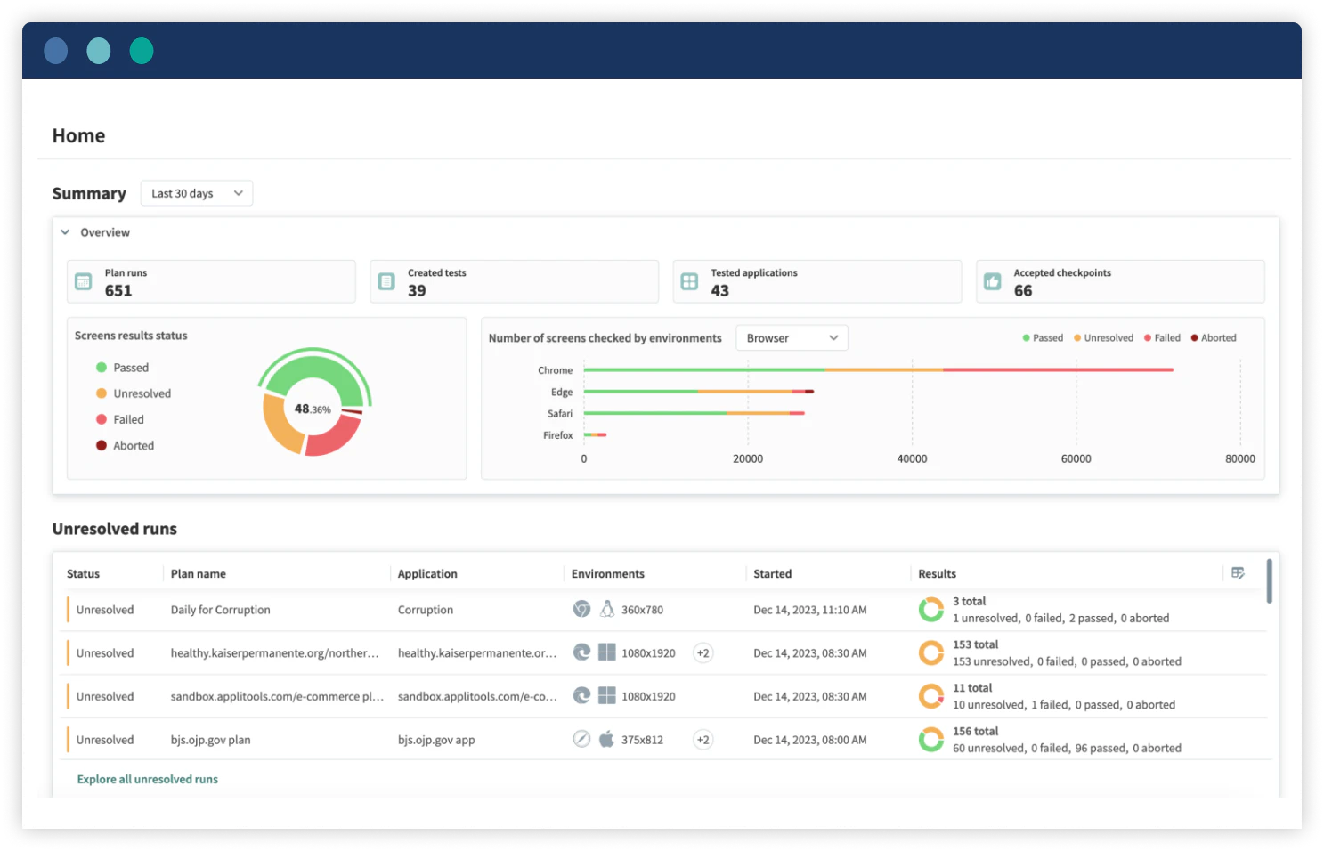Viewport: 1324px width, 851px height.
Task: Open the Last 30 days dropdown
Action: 196,193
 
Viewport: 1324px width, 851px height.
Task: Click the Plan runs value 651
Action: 118,291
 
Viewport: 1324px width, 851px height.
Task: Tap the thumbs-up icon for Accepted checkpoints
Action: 992,282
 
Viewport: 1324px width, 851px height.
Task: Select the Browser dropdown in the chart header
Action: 792,338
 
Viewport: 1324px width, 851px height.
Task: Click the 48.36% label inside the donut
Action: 313,409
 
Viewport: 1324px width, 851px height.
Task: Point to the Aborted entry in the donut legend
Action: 133,446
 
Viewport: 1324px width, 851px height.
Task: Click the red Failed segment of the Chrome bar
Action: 1057,369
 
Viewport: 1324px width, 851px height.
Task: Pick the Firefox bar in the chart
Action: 595,435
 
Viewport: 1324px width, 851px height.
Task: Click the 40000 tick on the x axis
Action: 912,459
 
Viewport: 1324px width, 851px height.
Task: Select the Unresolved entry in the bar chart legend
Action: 1108,338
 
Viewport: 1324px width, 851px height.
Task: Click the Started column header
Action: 772,574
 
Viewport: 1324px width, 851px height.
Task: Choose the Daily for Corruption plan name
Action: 220,611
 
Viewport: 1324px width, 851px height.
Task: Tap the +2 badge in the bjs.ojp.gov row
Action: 703,741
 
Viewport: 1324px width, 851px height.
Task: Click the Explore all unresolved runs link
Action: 148,780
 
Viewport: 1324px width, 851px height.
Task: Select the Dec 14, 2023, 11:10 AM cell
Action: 809,611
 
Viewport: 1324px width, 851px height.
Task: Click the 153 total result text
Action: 975,645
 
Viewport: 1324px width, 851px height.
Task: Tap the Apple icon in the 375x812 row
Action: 606,740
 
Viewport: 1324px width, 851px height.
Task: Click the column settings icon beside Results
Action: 1238,573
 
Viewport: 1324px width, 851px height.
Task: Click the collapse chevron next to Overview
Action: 65,232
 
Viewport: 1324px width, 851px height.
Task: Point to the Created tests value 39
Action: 417,291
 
